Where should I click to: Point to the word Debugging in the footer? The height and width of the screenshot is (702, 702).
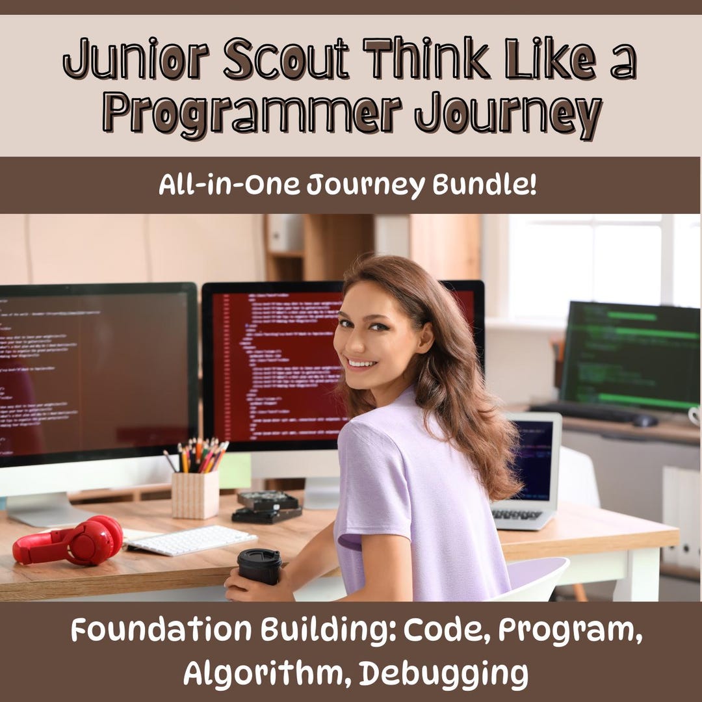(443, 673)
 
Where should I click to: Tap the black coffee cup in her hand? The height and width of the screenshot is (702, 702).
(259, 565)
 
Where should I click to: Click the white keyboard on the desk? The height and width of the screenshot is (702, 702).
(190, 540)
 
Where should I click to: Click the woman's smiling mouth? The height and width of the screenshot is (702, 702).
(362, 363)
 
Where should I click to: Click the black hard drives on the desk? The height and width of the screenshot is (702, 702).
(266, 506)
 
